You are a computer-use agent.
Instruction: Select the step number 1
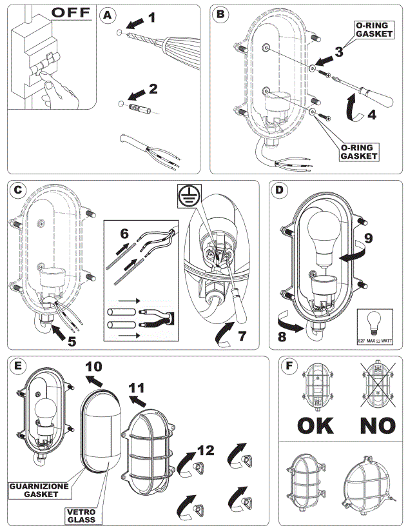click(151, 17)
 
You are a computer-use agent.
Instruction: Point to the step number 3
click(338, 52)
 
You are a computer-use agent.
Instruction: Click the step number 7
click(242, 336)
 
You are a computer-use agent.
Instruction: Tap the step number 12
click(205, 451)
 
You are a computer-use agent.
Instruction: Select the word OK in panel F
click(315, 426)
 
